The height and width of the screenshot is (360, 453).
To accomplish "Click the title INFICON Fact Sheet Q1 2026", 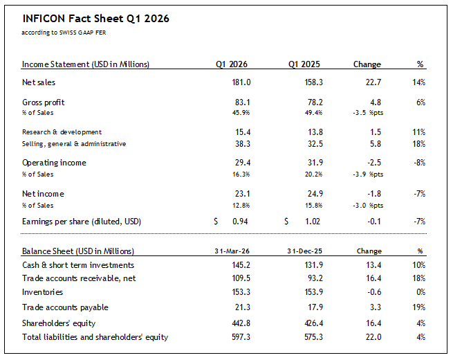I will [95, 19].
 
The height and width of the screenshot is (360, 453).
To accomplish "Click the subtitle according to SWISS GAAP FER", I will [64, 32].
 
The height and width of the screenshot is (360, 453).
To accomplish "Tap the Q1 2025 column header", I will [304, 64].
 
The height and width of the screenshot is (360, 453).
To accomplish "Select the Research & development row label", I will [62, 132].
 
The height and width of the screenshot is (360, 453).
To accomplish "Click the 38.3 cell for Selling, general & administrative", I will [240, 143].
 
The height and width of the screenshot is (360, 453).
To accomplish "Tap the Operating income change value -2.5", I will [373, 163].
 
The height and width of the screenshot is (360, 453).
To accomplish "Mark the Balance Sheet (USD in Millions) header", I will [78, 251].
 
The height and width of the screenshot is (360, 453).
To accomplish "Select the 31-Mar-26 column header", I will [231, 251].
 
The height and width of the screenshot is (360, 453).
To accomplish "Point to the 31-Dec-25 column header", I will [304, 251].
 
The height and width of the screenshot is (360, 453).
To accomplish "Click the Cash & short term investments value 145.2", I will [238, 265].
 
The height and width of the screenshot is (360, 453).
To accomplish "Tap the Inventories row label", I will [43, 293].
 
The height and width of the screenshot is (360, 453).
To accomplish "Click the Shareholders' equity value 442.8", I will [238, 323].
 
